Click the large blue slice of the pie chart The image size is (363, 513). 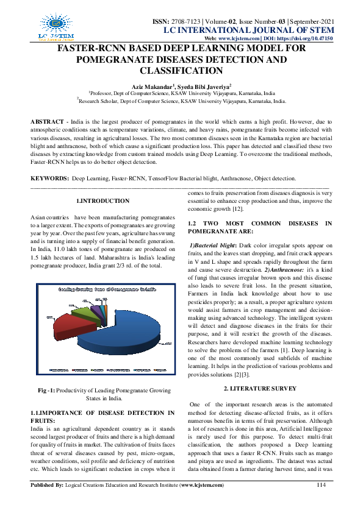(122, 329)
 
